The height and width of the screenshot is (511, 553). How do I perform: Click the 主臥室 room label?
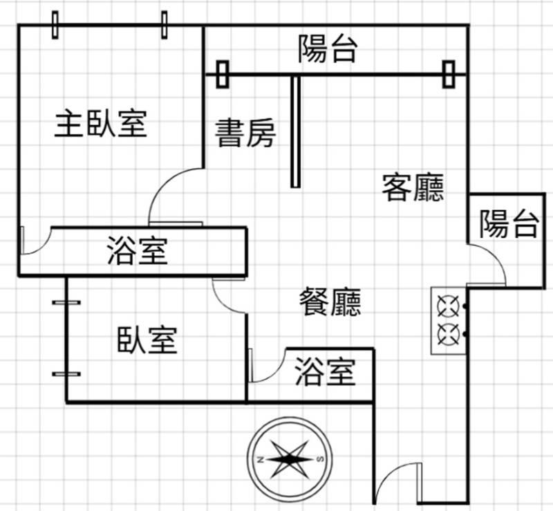click(x=101, y=124)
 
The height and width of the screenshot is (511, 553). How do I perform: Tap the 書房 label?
click(x=245, y=133)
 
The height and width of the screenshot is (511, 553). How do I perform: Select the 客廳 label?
click(x=413, y=187)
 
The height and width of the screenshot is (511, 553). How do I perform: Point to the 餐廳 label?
click(x=330, y=301)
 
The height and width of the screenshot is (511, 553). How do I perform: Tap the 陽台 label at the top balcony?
click(x=328, y=50)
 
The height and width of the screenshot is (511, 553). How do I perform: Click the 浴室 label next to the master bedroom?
click(x=138, y=250)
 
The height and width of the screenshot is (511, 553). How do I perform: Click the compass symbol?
click(x=290, y=459)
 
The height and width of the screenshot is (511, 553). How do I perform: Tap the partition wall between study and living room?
click(x=295, y=131)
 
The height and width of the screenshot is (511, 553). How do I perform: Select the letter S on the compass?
click(x=319, y=460)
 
